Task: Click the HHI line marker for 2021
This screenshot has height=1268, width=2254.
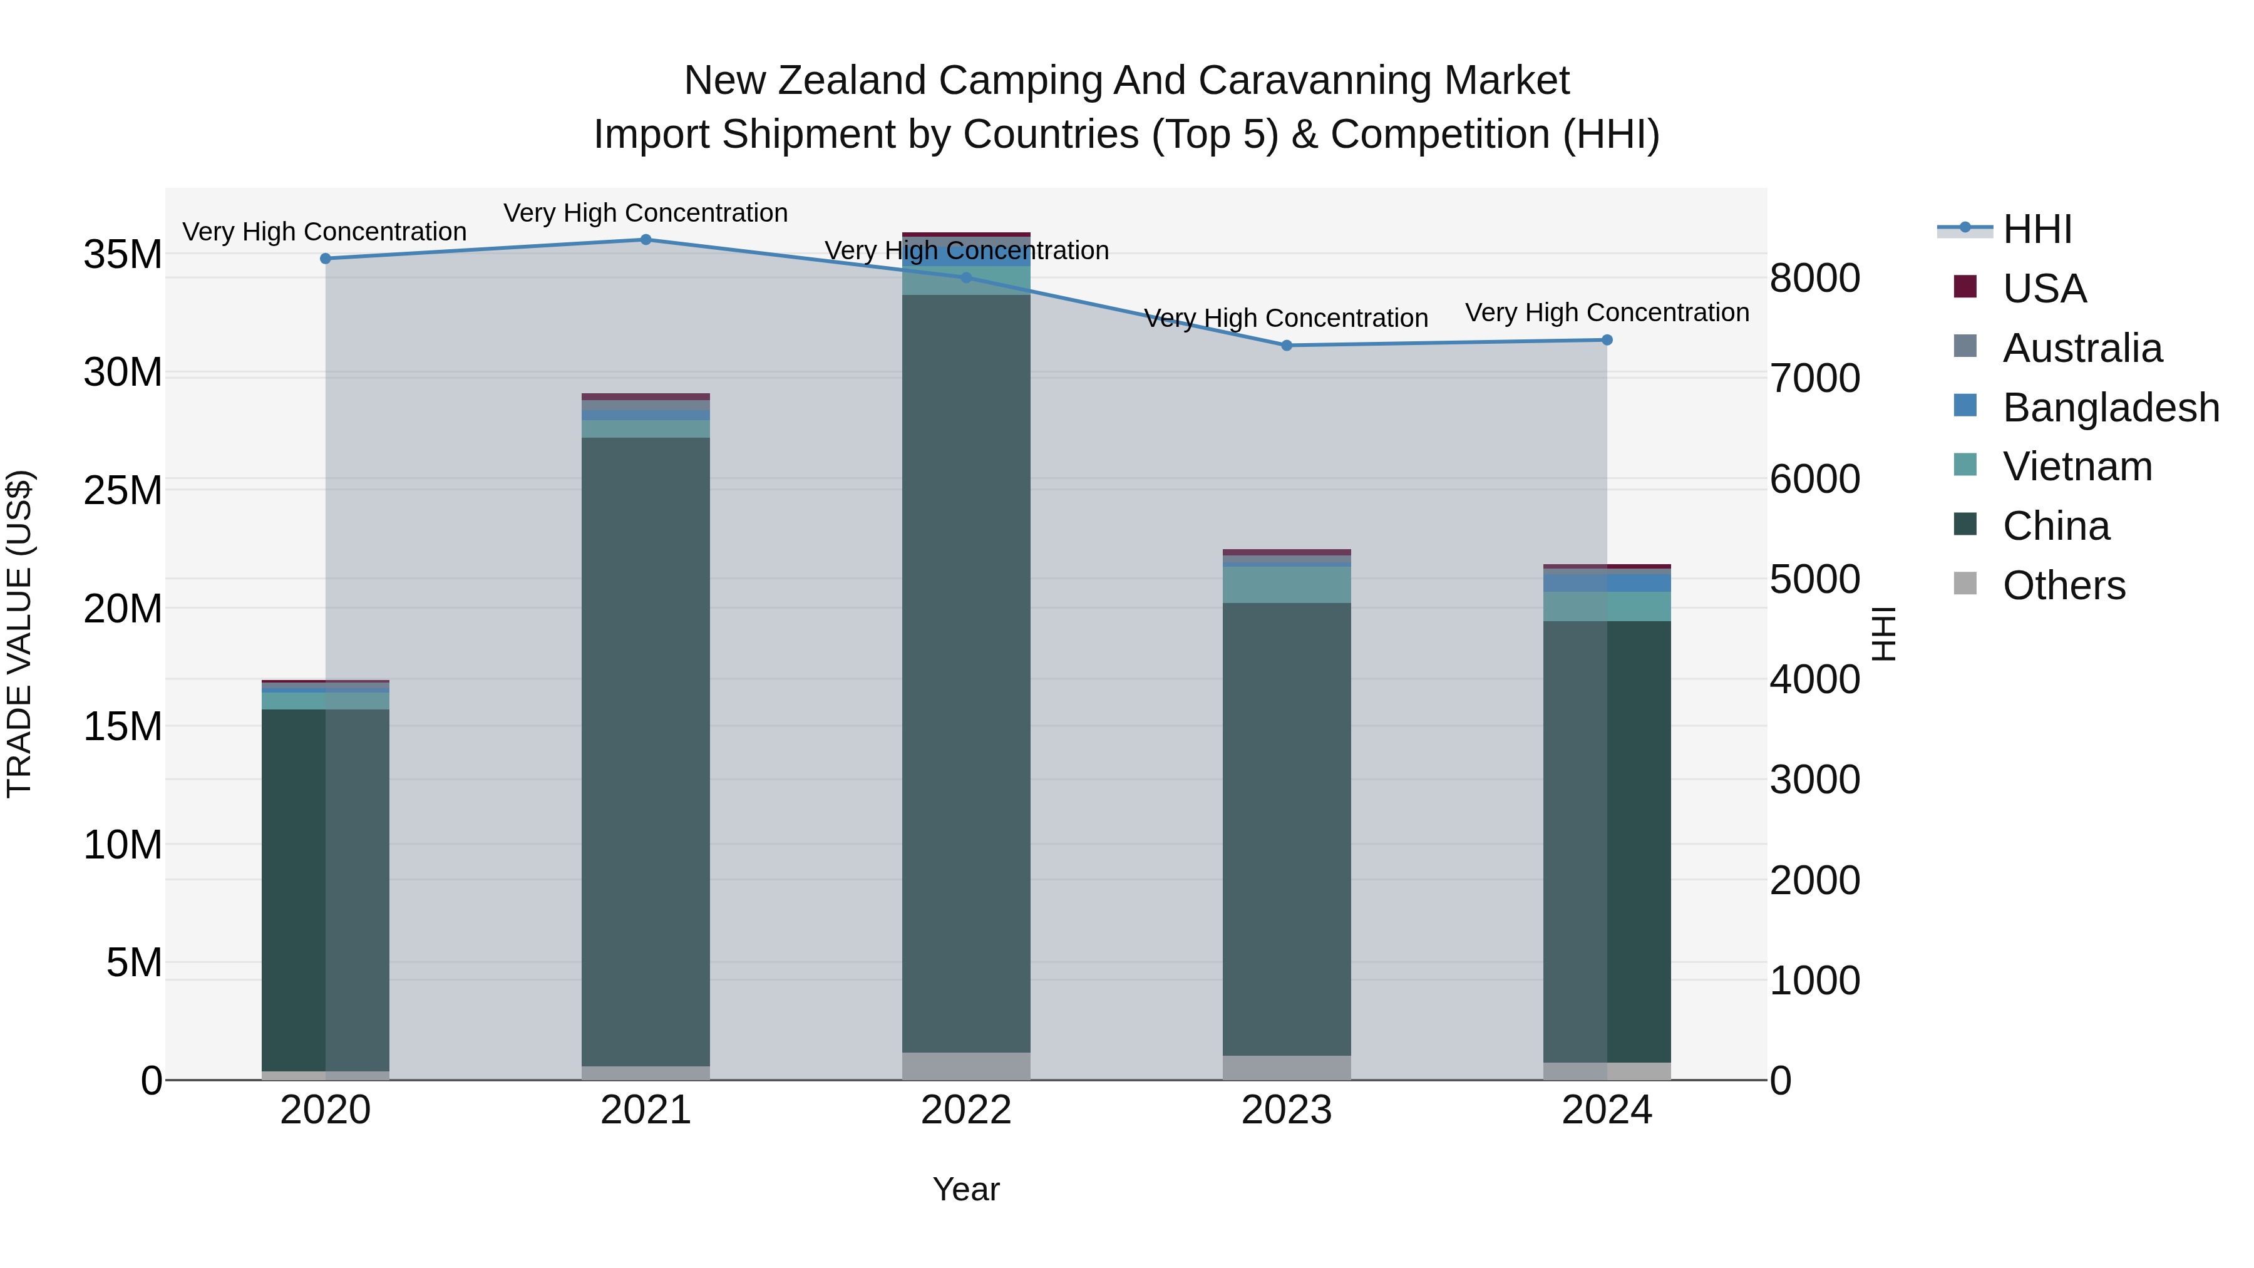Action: coord(646,240)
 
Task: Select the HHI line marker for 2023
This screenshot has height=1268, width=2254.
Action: coord(1286,346)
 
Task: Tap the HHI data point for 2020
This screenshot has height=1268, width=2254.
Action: coord(326,259)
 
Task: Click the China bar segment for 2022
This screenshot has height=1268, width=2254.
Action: coord(966,674)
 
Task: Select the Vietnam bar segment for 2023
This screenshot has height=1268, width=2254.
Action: coord(1286,585)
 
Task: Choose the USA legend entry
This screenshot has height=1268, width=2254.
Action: coord(2044,289)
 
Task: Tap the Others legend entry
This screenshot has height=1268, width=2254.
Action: coord(2063,585)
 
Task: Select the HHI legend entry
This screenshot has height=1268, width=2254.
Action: coord(2037,229)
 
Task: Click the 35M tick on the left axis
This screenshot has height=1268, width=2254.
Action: coord(123,255)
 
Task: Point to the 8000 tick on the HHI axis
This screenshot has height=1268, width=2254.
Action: coord(1814,278)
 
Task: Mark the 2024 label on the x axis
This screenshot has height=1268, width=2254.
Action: coord(1607,1110)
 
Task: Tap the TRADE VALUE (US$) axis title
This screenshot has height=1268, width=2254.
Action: coord(19,634)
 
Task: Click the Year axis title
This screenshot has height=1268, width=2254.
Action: coord(966,1189)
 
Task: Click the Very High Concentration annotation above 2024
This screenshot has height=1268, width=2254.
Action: coord(1607,312)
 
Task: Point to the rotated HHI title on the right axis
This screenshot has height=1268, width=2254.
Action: coord(1883,634)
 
